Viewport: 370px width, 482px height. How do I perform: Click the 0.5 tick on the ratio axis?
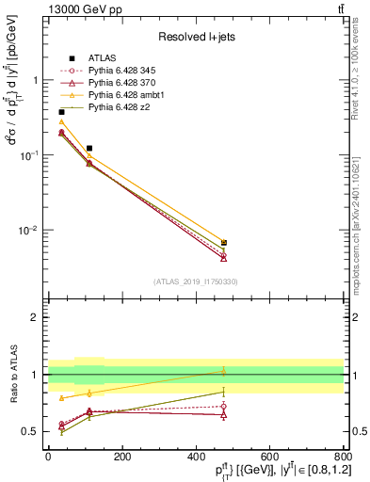coord(35,431)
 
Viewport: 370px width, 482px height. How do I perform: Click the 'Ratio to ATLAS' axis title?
coord(13,375)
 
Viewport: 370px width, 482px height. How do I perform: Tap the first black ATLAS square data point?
coord(61,112)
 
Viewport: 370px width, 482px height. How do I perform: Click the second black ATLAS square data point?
coord(89,148)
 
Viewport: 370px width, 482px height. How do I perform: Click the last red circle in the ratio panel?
coord(223,407)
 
